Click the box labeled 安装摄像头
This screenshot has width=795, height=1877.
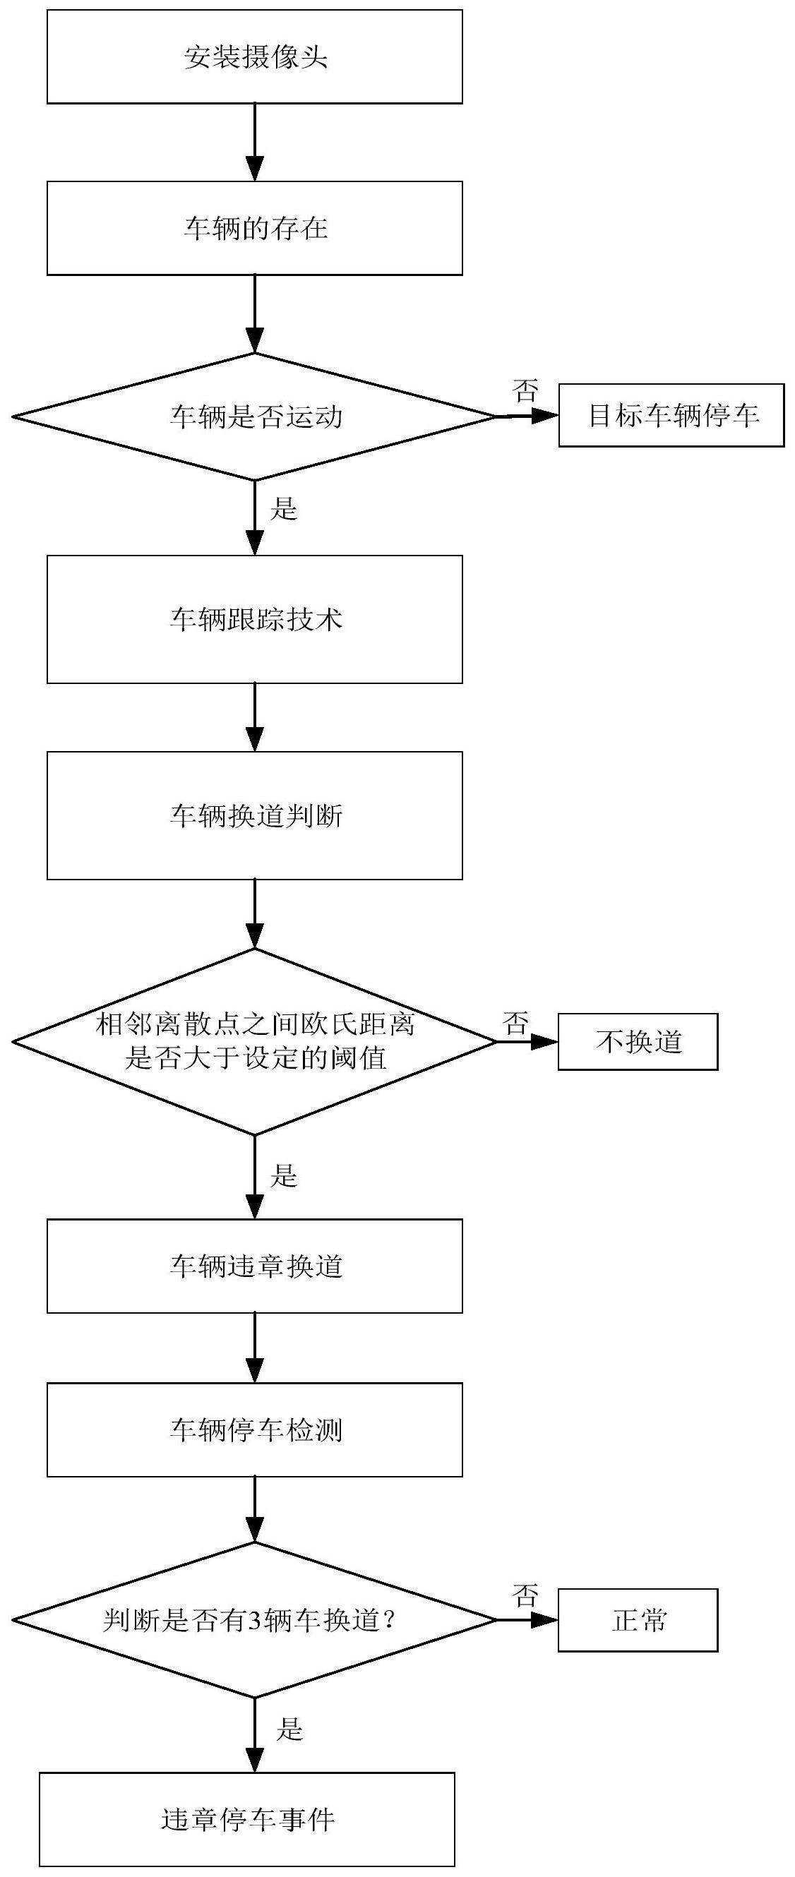tap(255, 57)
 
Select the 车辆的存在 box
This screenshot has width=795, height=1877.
tap(255, 228)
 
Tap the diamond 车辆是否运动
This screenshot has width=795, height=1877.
tap(255, 416)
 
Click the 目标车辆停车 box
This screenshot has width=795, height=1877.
tap(672, 416)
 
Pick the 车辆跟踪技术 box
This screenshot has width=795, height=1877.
tap(255, 619)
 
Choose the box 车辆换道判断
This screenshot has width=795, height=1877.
tap(255, 815)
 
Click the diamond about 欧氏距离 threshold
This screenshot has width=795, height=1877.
tap(255, 1042)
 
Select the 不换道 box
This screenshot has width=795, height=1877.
tap(638, 1042)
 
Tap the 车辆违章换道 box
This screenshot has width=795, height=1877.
tap(255, 1266)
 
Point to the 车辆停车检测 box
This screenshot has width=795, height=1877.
tap(255, 1429)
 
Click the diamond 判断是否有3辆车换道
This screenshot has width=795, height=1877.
tap(255, 1621)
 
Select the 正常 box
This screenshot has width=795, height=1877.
tap(638, 1621)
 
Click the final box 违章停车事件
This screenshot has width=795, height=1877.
tap(248, 1819)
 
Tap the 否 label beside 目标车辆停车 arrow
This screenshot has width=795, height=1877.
tap(525, 390)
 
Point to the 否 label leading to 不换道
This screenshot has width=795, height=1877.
tap(515, 1024)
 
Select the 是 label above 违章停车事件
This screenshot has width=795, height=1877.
tap(289, 1728)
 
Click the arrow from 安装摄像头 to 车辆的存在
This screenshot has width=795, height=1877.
tap(255, 142)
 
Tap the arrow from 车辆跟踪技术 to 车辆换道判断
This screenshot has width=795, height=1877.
tap(255, 717)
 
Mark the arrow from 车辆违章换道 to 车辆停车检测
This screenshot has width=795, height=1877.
tap(255, 1348)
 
